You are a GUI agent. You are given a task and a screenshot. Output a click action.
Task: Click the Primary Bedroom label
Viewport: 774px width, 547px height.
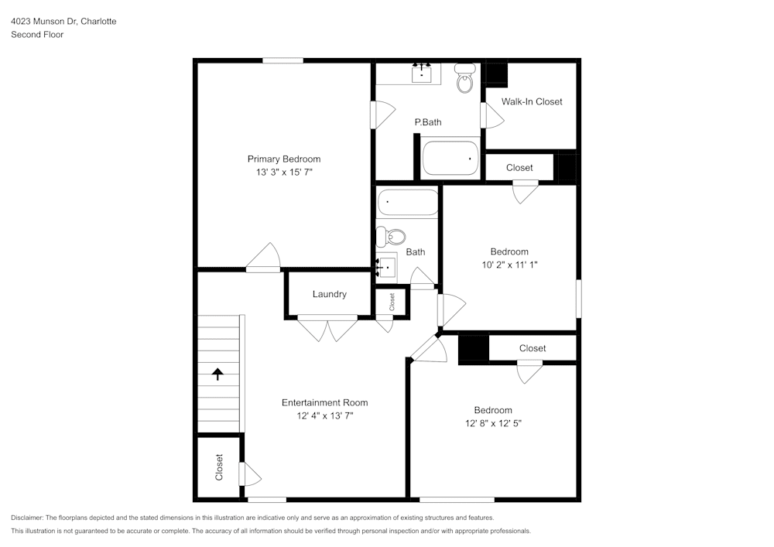click(x=283, y=159)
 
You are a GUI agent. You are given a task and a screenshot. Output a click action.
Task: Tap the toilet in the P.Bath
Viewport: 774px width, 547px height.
click(x=464, y=78)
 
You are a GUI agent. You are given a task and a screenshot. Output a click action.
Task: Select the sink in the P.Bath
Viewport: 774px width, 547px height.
click(x=421, y=74)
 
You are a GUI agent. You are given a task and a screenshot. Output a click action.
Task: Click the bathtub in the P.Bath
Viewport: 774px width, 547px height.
click(x=450, y=158)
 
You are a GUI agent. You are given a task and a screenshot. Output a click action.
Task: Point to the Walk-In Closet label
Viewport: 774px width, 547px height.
click(x=532, y=101)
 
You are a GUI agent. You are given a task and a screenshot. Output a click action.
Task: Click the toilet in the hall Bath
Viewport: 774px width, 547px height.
click(x=395, y=235)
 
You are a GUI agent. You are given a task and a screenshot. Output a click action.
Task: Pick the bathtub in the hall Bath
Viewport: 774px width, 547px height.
click(x=408, y=203)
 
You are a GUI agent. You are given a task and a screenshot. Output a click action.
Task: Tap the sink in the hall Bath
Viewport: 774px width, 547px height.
click(x=386, y=266)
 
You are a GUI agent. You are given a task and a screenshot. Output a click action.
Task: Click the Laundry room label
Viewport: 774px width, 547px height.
click(x=329, y=294)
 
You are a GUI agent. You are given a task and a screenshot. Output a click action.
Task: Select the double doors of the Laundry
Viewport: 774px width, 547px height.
click(x=328, y=328)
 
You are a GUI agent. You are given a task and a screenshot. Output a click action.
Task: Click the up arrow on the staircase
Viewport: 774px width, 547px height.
click(x=217, y=374)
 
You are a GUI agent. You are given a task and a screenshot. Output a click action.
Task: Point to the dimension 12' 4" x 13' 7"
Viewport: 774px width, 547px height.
click(x=324, y=416)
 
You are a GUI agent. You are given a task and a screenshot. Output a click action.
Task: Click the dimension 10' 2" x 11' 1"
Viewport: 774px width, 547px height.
click(x=509, y=265)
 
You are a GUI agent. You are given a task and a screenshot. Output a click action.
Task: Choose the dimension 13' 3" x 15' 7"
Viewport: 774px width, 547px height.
click(x=284, y=173)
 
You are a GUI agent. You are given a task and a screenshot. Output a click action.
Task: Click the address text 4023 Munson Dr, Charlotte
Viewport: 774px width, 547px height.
click(x=63, y=22)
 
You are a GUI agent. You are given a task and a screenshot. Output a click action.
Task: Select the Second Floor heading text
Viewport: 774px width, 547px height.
click(x=37, y=35)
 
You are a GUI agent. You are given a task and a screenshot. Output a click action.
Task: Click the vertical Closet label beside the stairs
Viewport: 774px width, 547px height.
click(x=219, y=467)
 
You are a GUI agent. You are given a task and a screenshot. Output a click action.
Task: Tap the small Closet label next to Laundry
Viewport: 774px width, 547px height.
click(x=392, y=301)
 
